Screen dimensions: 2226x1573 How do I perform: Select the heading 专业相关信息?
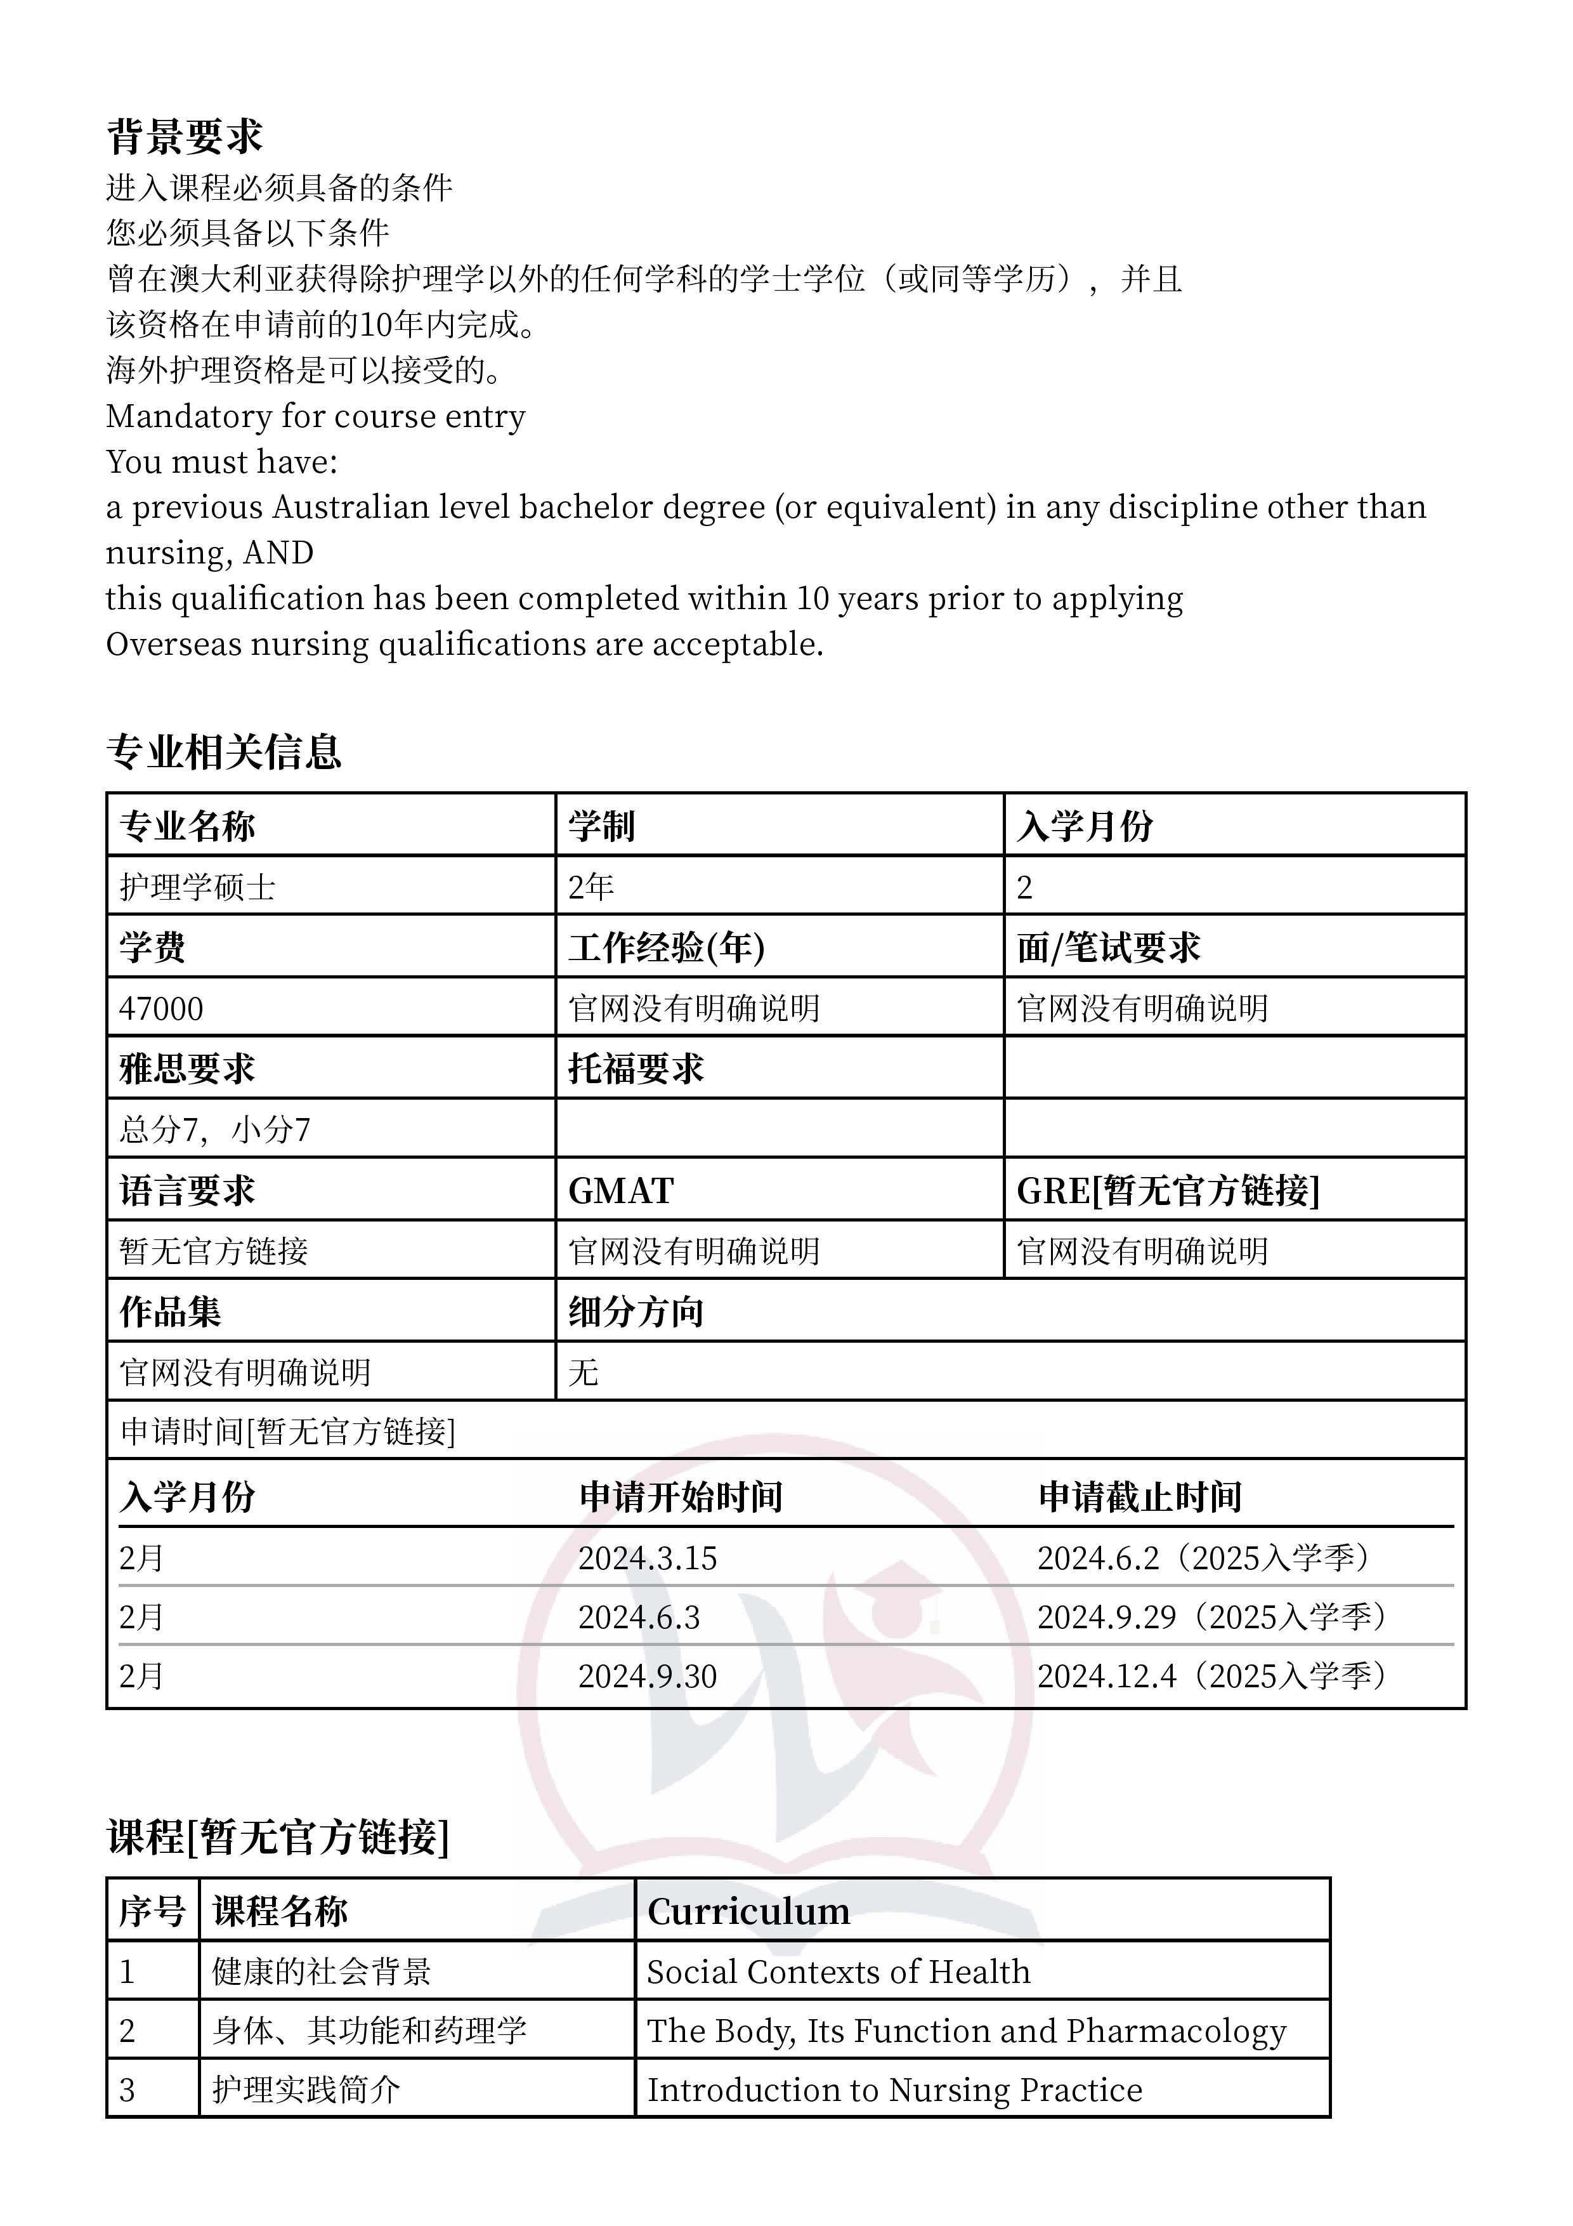(224, 753)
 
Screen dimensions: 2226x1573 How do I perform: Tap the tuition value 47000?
(161, 1008)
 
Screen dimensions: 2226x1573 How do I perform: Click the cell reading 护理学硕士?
(198, 887)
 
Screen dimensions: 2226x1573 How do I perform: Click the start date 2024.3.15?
(648, 1558)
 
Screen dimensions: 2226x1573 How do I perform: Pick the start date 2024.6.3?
(639, 1617)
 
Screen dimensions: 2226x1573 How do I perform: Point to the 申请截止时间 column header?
(1140, 1497)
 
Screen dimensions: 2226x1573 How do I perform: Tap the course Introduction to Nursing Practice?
(894, 2090)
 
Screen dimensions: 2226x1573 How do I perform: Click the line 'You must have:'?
(222, 461)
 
